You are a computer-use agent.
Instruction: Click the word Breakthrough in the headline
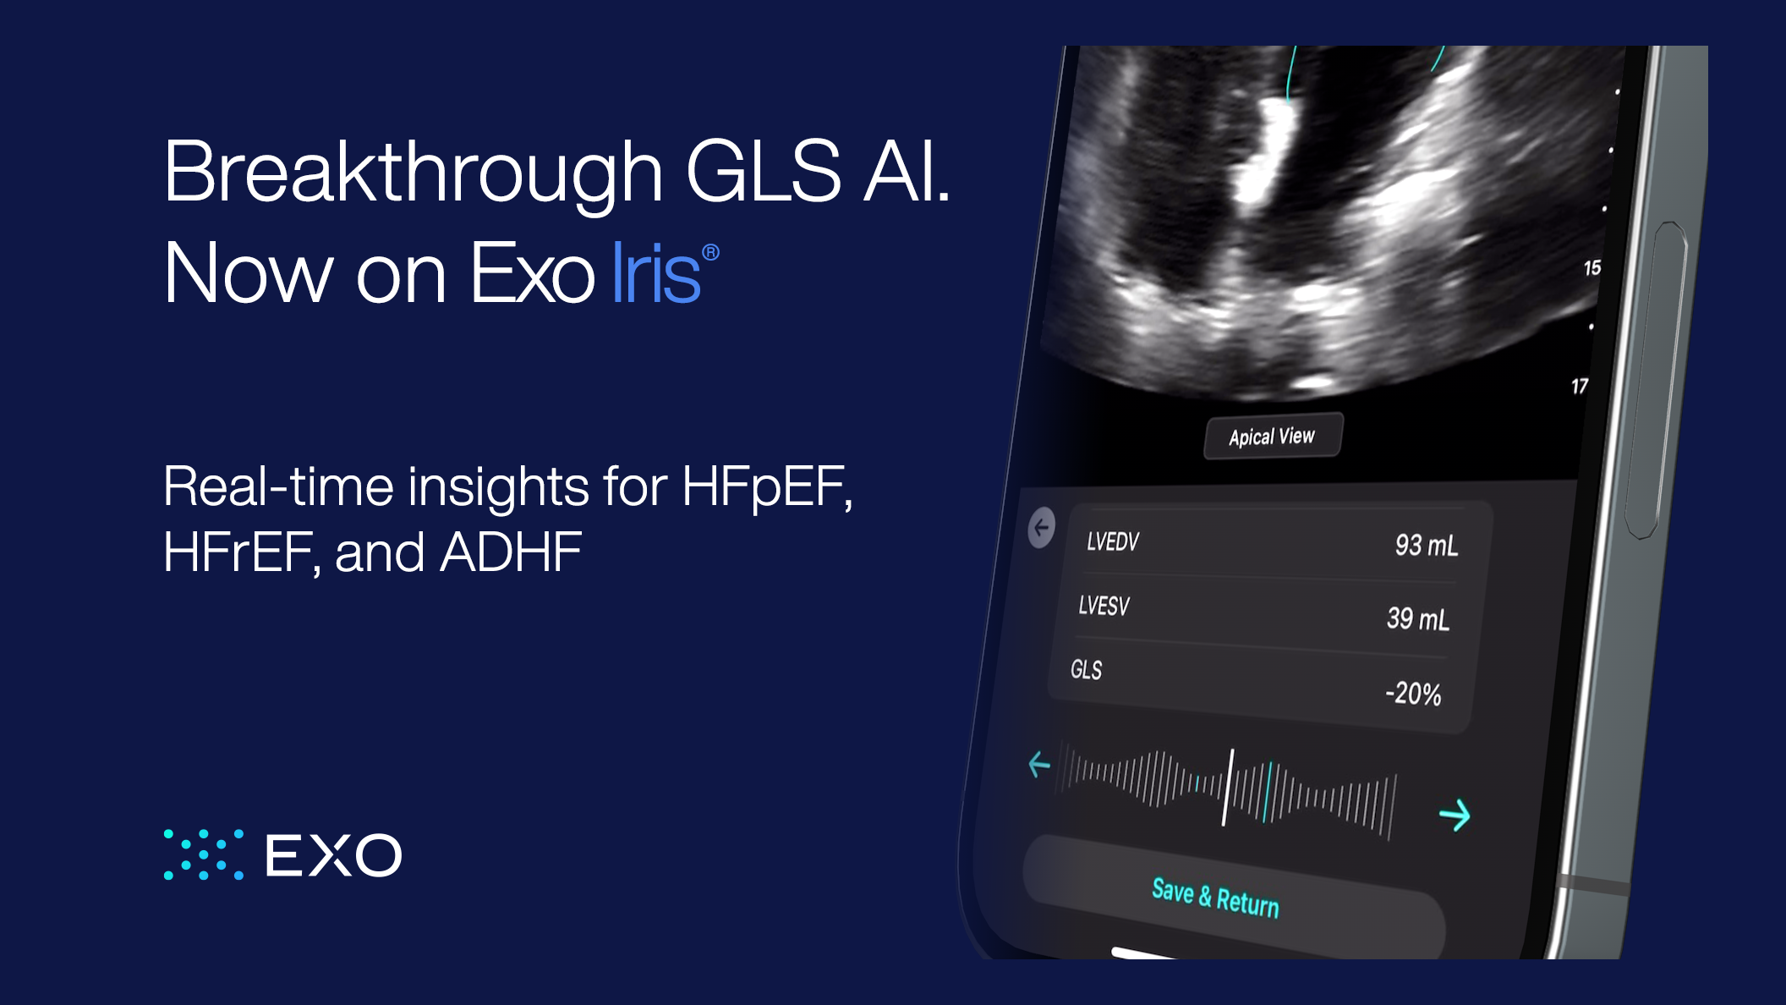(414, 174)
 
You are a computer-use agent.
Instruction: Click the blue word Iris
(655, 273)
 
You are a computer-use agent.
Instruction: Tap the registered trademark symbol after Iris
(710, 252)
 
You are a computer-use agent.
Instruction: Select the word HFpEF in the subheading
(766, 488)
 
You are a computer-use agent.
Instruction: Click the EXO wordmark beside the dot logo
(333, 855)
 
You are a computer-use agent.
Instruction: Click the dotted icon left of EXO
(204, 854)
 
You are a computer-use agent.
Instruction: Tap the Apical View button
(1273, 437)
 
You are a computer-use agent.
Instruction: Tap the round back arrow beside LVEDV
(1041, 528)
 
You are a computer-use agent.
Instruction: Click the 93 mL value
(1427, 545)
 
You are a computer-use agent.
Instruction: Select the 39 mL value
(1418, 618)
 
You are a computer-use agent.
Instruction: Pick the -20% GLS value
(1413, 694)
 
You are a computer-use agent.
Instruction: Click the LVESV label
(1104, 606)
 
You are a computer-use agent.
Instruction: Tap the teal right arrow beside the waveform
(1455, 816)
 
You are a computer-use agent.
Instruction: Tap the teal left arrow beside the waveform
(1039, 764)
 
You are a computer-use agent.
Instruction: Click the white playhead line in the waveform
(1227, 787)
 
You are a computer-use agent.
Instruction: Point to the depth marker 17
(1580, 387)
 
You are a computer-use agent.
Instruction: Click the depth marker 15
(1592, 268)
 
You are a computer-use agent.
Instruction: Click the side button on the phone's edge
(1655, 380)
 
